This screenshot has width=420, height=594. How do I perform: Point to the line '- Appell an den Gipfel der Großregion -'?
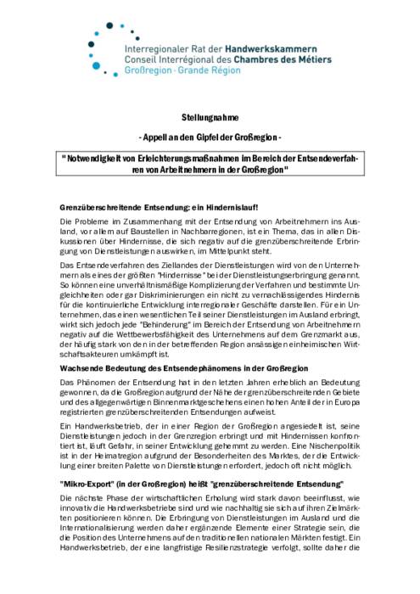point(210,137)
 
